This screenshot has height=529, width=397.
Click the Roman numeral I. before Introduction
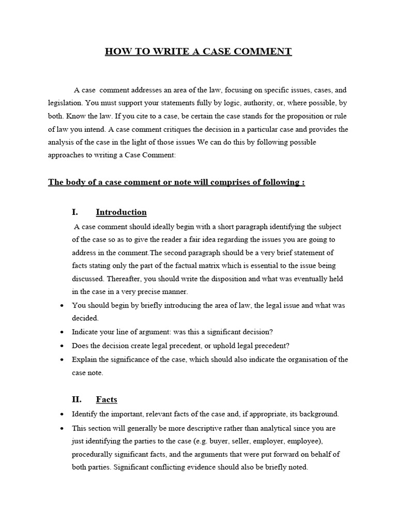[x=75, y=212]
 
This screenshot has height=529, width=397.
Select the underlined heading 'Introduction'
[x=121, y=212]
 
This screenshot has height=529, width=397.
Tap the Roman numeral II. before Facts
[x=77, y=399]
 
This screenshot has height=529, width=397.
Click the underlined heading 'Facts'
[x=106, y=399]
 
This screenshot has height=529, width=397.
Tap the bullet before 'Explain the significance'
[x=62, y=360]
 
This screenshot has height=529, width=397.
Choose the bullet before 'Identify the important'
[x=62, y=414]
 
